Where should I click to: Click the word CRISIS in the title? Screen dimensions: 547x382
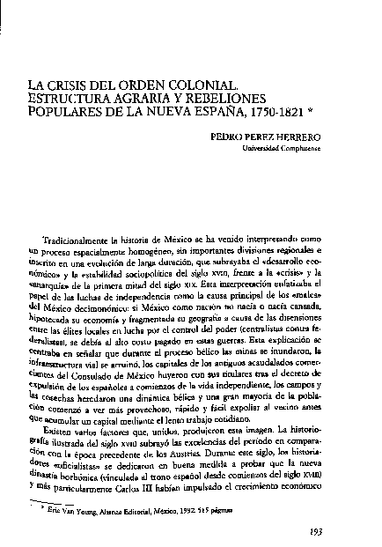click(94, 87)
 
